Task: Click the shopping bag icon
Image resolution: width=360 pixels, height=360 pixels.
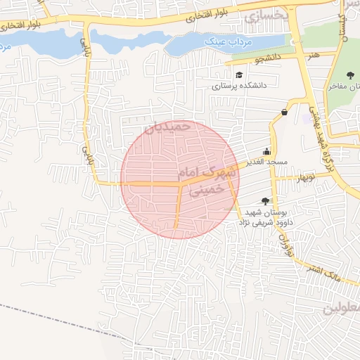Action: click(284, 112)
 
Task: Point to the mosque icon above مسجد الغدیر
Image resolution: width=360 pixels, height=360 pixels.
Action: click(267, 151)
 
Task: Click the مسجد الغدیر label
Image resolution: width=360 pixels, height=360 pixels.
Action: click(267, 162)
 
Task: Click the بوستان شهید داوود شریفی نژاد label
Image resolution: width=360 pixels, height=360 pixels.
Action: click(264, 217)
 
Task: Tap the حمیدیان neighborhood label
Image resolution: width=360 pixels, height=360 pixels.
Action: click(167, 127)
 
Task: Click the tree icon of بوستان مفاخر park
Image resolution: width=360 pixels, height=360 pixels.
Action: click(350, 75)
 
